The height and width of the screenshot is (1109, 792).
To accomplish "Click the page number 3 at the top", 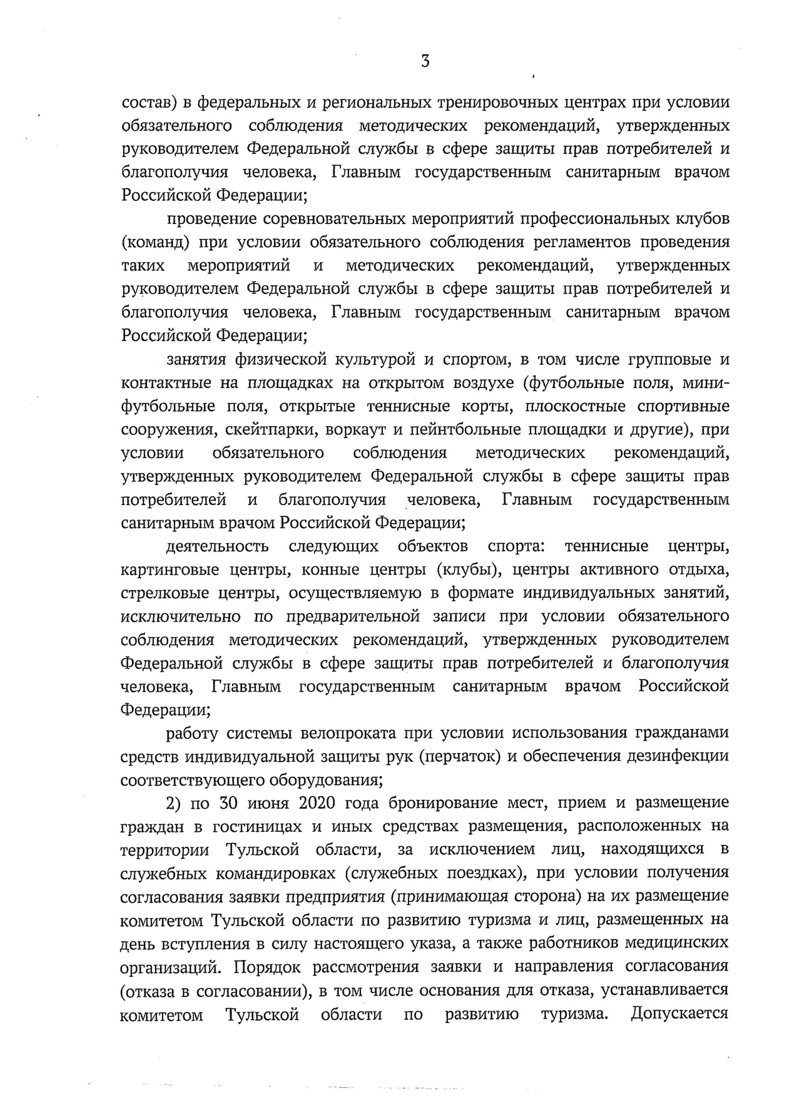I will (425, 62).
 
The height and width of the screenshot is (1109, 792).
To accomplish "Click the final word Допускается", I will (679, 1013).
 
